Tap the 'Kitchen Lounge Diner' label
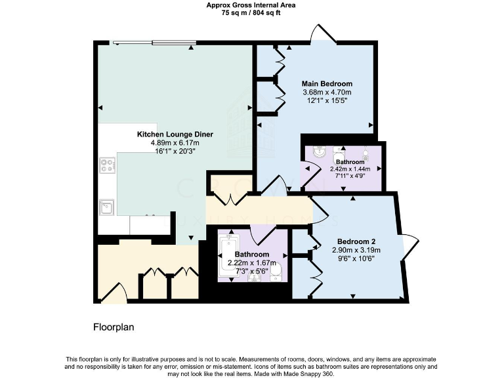[x=175, y=134]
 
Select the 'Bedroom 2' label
[x=356, y=241]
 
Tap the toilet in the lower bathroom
[x=276, y=270]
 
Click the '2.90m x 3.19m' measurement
[x=356, y=250]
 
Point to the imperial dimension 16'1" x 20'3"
[x=175, y=152]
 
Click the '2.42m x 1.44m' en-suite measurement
[x=350, y=168]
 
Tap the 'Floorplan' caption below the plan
[x=114, y=326]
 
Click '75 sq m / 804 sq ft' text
[x=251, y=12]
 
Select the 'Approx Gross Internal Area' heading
[x=251, y=5]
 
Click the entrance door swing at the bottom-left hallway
[x=116, y=292]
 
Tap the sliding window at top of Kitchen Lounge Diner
[x=154, y=43]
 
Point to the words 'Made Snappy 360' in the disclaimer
[x=312, y=374]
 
